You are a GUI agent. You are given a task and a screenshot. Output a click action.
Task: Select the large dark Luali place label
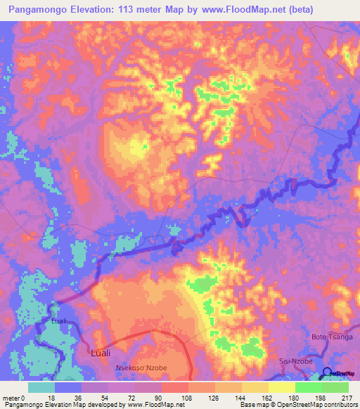coord(103,353)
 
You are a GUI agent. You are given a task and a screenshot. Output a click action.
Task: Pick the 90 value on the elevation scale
coord(161,397)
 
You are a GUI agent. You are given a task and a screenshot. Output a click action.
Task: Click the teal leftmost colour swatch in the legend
coord(41,387)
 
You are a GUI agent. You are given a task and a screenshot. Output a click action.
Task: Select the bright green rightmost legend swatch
coord(335,387)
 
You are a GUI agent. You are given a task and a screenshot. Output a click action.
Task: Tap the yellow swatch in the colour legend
coord(282,387)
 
